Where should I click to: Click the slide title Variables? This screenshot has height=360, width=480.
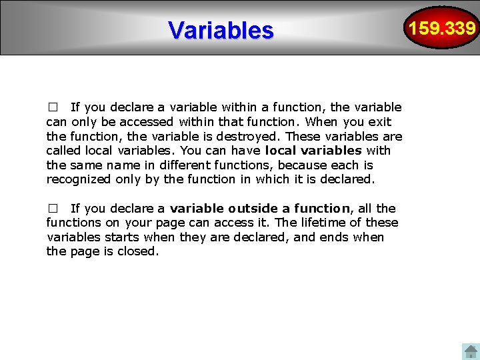(221, 30)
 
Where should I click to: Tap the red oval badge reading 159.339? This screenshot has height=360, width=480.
(443, 28)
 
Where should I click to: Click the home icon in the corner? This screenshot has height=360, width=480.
(471, 351)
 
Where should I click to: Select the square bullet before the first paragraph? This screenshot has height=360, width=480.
(53, 107)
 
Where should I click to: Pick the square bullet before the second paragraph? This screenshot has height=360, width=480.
(53, 209)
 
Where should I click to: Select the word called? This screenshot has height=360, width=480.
(63, 151)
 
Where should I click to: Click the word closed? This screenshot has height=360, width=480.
(137, 251)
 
